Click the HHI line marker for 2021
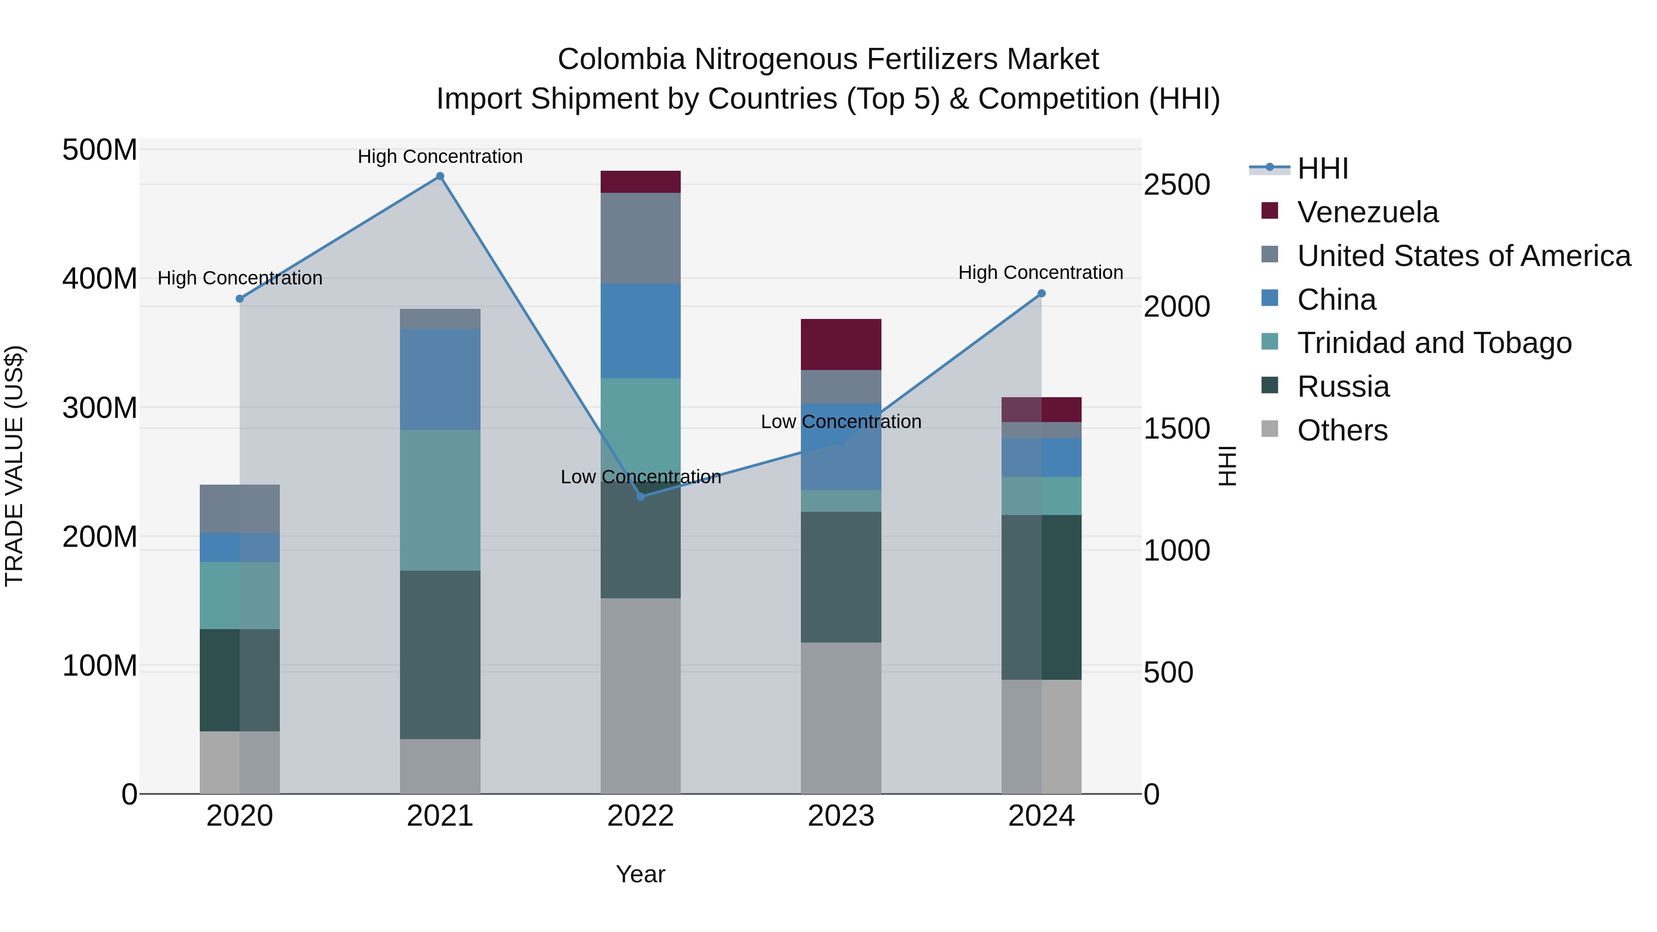tap(440, 176)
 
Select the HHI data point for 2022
tap(640, 497)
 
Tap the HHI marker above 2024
tap(1042, 293)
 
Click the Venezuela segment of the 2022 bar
tap(640, 182)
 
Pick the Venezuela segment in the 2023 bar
tap(841, 344)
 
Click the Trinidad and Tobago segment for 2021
tap(440, 500)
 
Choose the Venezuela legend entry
tap(1367, 212)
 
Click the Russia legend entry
tap(1343, 387)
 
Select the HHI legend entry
tap(1322, 168)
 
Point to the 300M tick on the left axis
tap(100, 408)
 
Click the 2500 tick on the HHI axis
tap(1176, 185)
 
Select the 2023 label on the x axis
tap(841, 816)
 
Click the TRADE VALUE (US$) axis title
tap(15, 466)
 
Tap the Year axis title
tap(640, 874)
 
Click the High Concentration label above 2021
tap(440, 156)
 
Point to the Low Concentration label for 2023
tap(841, 422)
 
